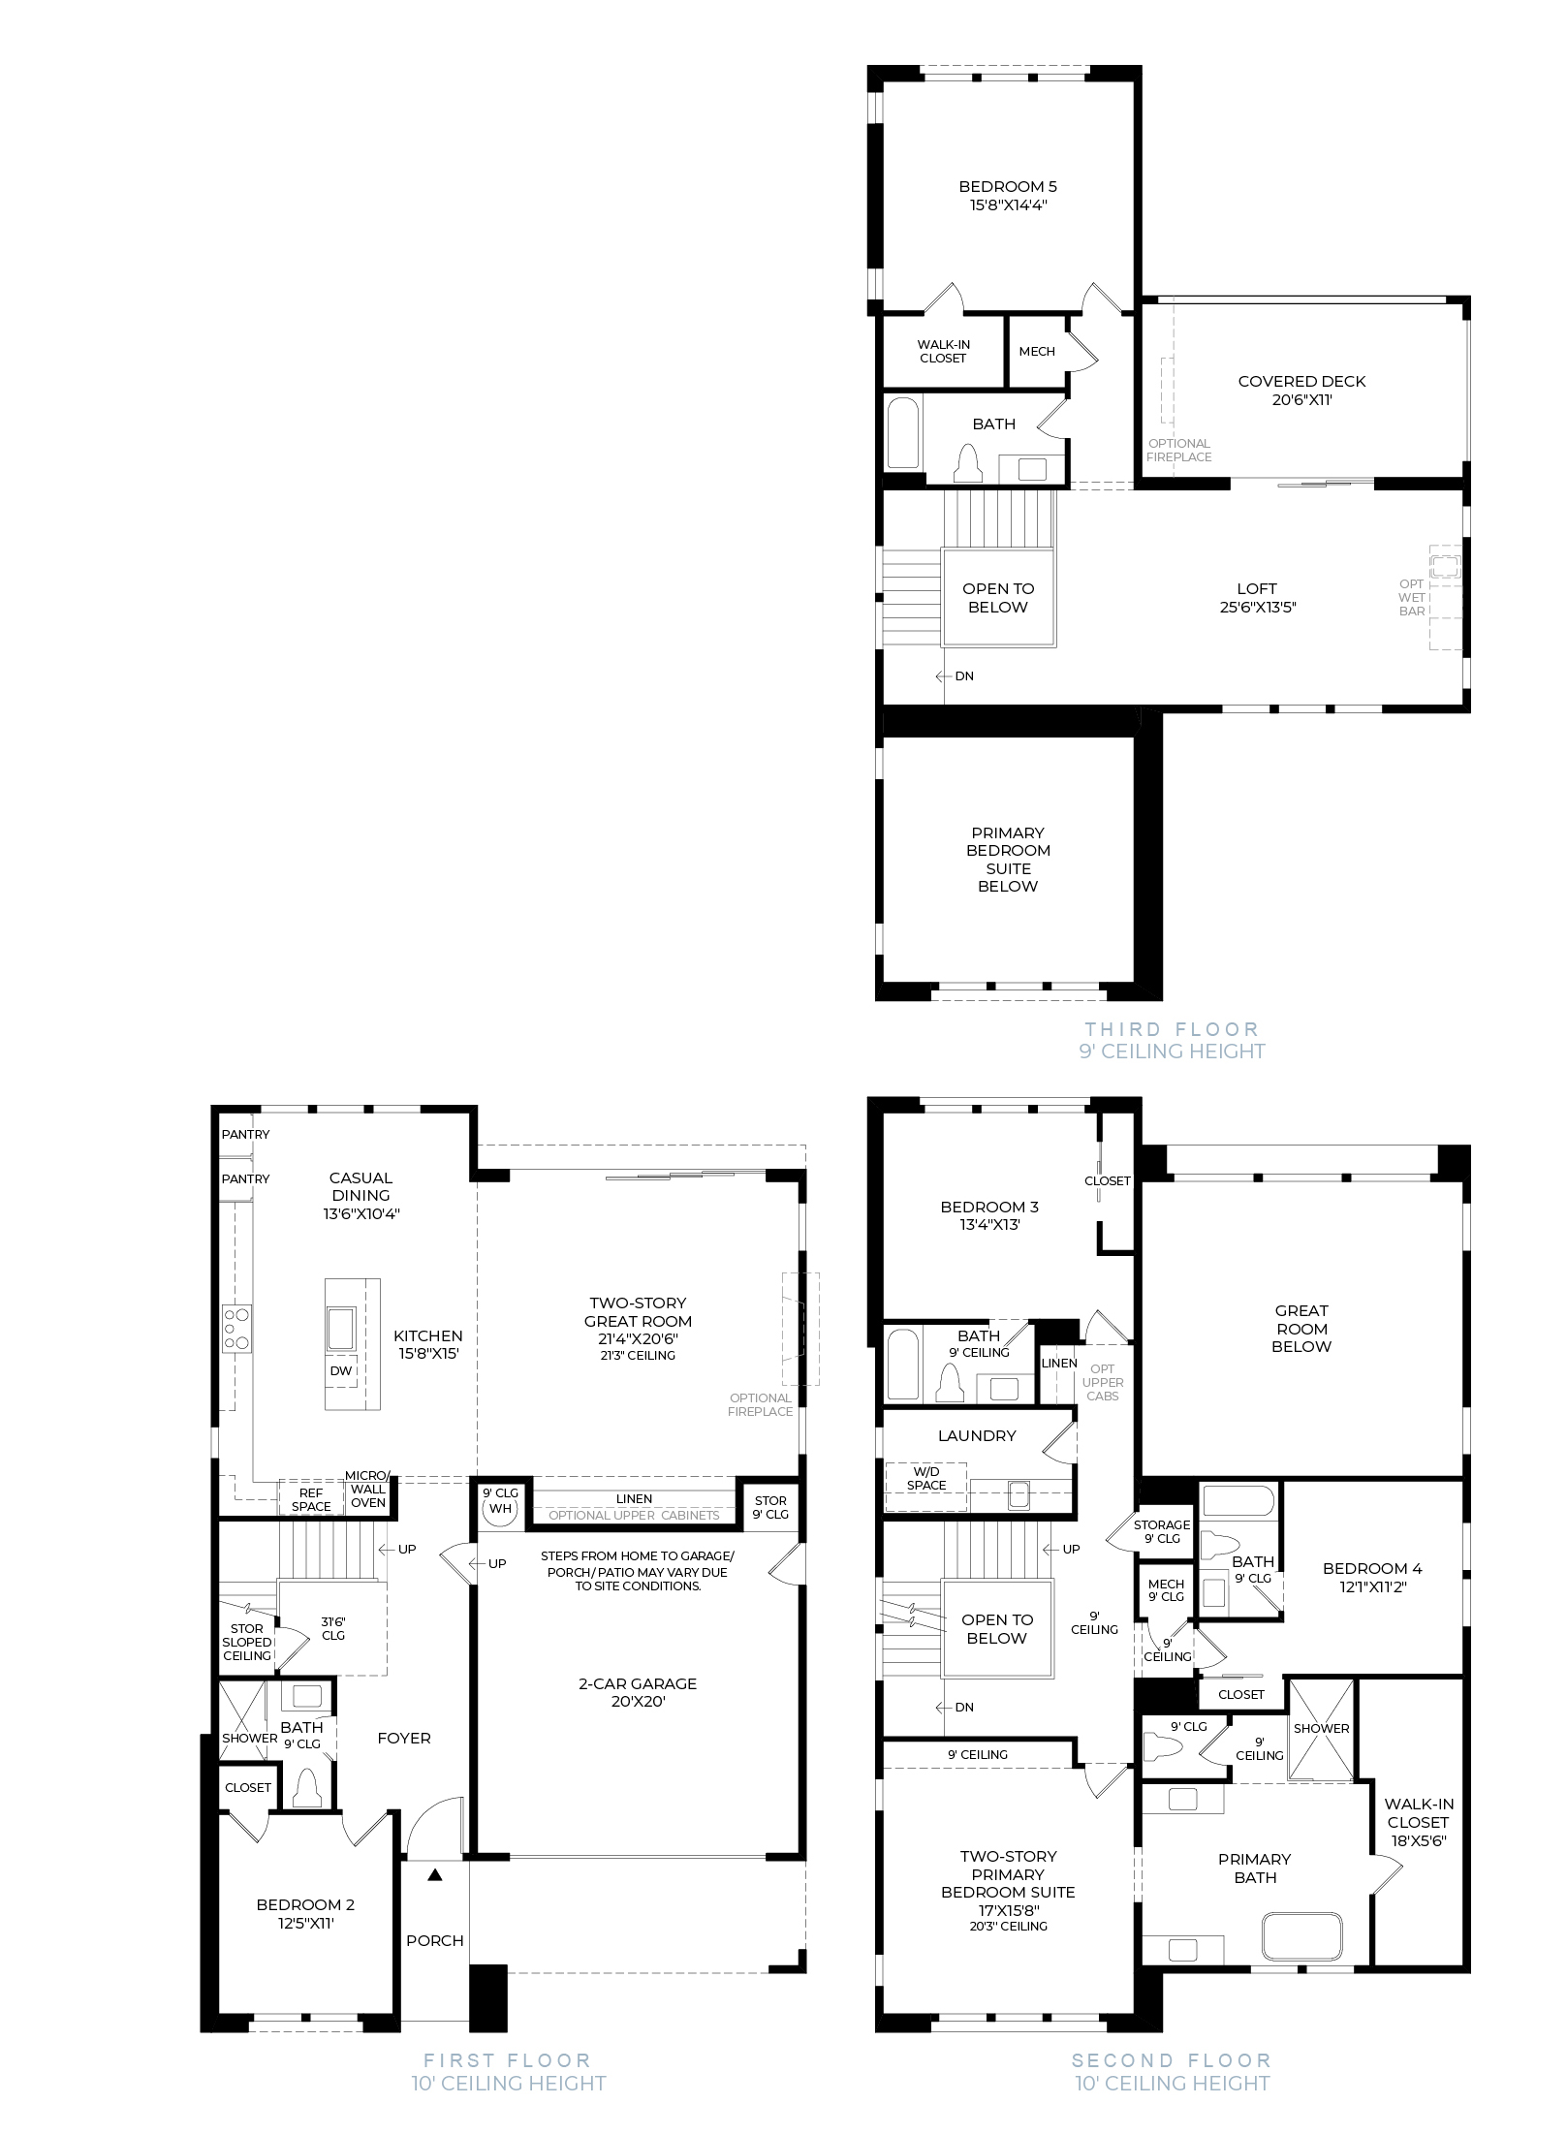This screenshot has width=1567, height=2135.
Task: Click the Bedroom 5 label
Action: coord(1008,187)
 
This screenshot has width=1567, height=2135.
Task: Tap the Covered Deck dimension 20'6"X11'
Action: coord(1302,399)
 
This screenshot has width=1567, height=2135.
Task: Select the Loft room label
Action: coord(1257,588)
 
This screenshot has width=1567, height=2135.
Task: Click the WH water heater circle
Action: coord(500,1510)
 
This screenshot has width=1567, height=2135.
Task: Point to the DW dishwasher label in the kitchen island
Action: coord(341,1370)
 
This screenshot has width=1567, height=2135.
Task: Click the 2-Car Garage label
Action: coord(638,1683)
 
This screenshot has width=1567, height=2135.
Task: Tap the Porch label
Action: coord(435,1940)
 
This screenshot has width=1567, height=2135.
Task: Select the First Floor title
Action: coord(507,2060)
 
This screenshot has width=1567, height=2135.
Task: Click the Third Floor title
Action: coord(1172,1029)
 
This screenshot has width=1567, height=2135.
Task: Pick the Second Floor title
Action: coord(1172,2060)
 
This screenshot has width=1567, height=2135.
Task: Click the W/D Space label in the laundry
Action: coord(926,1479)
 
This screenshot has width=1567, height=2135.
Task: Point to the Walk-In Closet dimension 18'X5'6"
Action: coord(1418,1840)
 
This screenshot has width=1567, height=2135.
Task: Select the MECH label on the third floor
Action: coord(1037,351)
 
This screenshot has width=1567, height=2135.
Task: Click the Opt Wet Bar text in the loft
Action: coord(1412,597)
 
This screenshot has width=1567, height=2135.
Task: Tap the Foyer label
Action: coord(404,1738)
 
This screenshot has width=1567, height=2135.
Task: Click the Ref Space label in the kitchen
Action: coord(311,1499)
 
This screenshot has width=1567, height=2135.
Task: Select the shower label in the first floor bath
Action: coord(250,1738)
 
